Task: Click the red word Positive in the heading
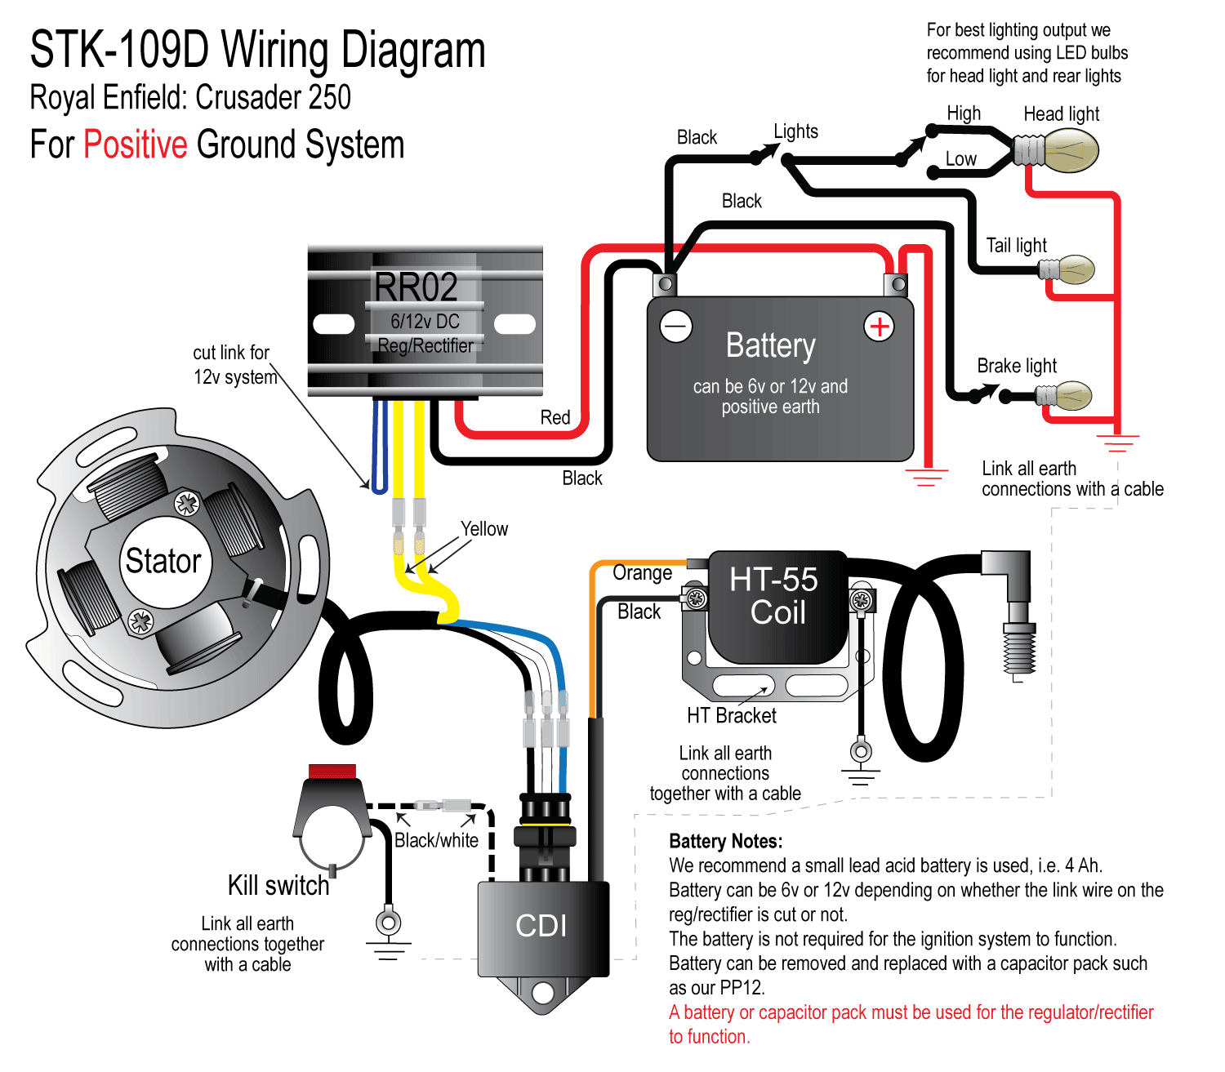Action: [x=136, y=145]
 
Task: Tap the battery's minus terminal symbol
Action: [x=676, y=327]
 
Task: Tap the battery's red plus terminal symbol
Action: [x=879, y=327]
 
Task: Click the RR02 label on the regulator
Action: [x=416, y=287]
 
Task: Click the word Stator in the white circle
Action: [x=163, y=562]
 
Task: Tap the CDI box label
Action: [x=541, y=926]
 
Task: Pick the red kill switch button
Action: [x=332, y=772]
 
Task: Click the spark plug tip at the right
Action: [x=1018, y=653]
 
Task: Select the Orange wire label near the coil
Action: [x=643, y=573]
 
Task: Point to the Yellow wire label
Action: [x=484, y=529]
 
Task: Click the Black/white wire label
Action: [x=436, y=840]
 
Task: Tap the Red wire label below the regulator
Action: [x=555, y=418]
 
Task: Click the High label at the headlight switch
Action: [x=964, y=113]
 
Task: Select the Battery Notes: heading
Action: [x=725, y=842]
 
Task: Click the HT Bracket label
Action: [x=732, y=716]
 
